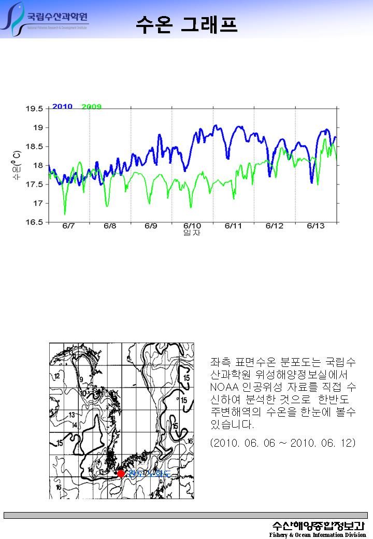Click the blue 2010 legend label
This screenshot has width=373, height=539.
click(x=62, y=107)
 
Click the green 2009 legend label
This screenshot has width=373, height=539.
click(x=92, y=107)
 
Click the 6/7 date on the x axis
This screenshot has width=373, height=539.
click(x=68, y=226)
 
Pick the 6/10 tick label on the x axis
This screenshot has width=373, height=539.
click(x=192, y=226)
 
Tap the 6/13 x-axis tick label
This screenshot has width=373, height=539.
click(x=316, y=226)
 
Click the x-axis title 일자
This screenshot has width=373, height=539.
click(x=192, y=233)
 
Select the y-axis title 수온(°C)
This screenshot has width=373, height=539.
click(x=17, y=165)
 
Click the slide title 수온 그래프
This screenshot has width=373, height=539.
click(x=187, y=24)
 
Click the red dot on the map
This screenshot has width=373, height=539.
click(x=121, y=473)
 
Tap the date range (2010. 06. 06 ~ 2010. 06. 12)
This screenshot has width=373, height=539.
click(x=283, y=444)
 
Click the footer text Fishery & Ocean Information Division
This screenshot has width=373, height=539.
click(x=318, y=535)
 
